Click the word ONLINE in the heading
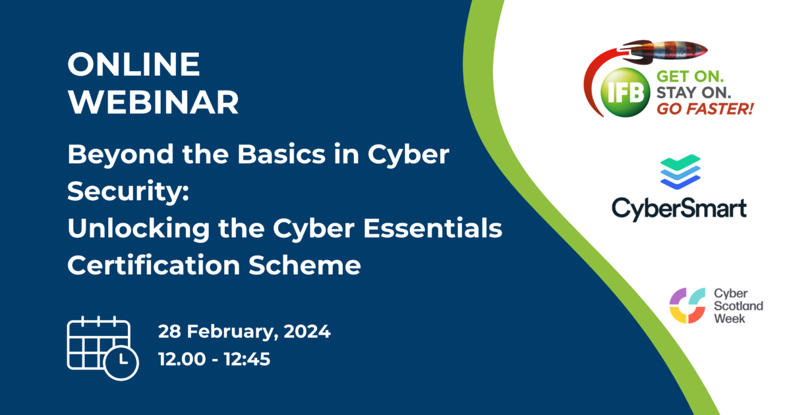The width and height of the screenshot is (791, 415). (x=134, y=64)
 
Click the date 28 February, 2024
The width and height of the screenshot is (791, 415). (x=244, y=331)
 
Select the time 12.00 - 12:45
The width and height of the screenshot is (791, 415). (x=214, y=360)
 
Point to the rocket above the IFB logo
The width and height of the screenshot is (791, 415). (x=666, y=49)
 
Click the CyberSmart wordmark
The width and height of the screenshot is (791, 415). (x=679, y=208)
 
